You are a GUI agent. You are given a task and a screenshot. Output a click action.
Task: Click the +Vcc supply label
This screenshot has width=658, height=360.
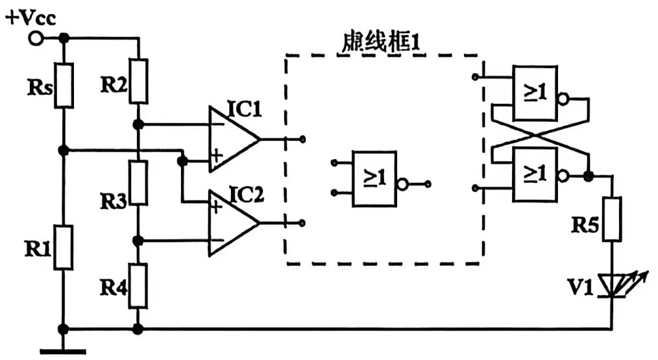pyautogui.click(x=30, y=18)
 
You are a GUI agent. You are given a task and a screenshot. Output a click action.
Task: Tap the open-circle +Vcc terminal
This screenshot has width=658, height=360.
pyautogui.click(x=36, y=39)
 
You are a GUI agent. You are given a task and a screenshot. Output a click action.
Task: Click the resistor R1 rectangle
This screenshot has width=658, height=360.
pyautogui.click(x=64, y=247)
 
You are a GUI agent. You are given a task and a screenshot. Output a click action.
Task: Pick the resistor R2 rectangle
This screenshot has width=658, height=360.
pyautogui.click(x=138, y=80)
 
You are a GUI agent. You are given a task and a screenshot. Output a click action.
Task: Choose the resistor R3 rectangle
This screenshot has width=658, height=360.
pyautogui.click(x=138, y=184)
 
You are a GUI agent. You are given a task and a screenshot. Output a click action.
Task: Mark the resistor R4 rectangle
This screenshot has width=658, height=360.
pyautogui.click(x=138, y=285)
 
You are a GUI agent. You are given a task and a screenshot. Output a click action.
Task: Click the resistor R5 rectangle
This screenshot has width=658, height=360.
pyautogui.click(x=612, y=220)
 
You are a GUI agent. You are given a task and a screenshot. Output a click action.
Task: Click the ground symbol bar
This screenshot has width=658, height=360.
pyautogui.click(x=63, y=352)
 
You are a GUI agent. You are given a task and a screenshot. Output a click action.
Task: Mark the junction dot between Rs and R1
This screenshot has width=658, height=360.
pyautogui.click(x=64, y=150)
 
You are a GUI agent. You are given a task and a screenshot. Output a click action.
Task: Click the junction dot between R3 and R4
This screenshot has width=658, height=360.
pyautogui.click(x=138, y=241)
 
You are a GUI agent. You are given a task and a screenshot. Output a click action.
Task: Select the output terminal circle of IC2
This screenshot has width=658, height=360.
pyautogui.click(x=302, y=223)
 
